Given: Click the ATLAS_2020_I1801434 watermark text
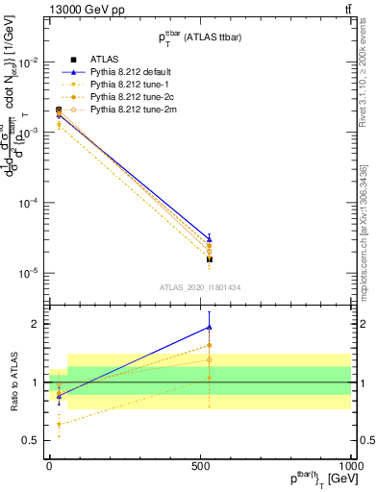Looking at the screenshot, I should (200, 286).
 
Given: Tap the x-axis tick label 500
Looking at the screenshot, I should (201, 464).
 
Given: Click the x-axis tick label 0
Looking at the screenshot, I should (50, 464).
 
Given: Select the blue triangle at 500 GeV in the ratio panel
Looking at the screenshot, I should (209, 328).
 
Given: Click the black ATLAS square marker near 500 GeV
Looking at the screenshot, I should (209, 259).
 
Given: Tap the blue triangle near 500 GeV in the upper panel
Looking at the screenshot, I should (209, 238).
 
